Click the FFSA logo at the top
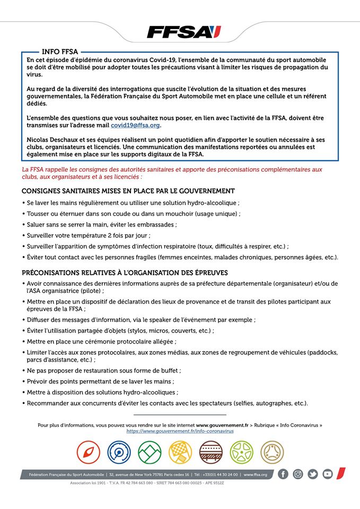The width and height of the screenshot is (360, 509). pos(183,32)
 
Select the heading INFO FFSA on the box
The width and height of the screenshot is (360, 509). pos(60,51)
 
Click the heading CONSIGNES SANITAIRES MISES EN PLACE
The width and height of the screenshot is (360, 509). pos(128,191)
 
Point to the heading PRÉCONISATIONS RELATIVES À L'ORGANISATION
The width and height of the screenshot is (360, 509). pos(125,273)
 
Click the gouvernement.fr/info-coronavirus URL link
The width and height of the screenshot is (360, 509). pos(180,431)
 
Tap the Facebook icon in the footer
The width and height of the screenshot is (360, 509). pos(284,474)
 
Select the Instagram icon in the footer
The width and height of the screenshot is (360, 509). pos(298,474)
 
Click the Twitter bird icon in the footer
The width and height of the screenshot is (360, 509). pos(313,474)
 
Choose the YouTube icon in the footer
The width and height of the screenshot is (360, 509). pos(328,474)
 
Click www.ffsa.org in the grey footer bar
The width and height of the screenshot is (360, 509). pos(256,475)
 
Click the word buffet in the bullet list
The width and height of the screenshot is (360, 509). pos(168,370)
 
